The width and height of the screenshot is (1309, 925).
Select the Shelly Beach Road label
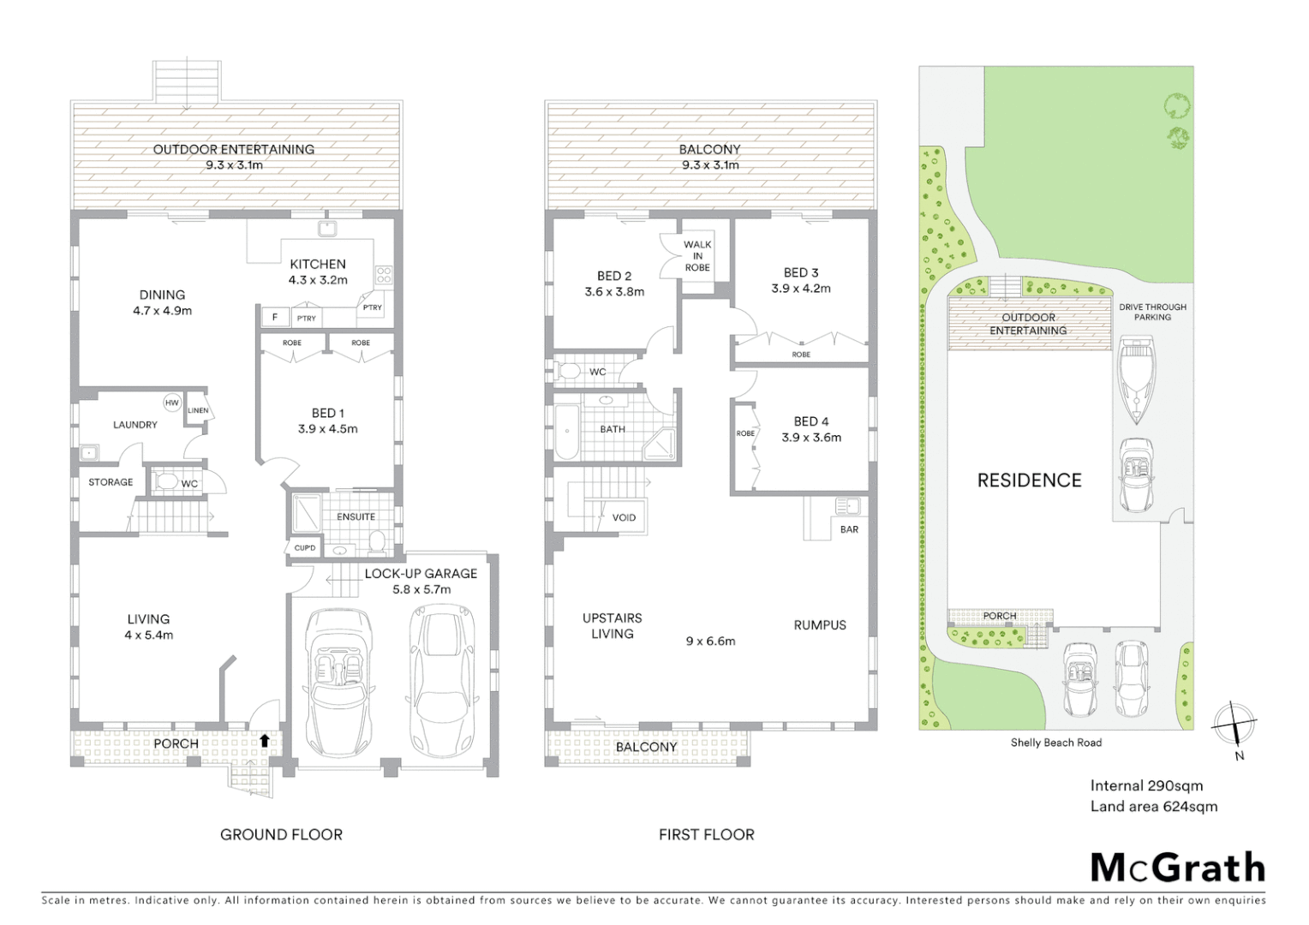point(1055,743)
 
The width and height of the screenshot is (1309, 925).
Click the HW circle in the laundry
point(171,403)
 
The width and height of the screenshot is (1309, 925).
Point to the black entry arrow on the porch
point(264,740)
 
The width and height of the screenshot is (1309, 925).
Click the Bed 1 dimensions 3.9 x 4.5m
point(327,429)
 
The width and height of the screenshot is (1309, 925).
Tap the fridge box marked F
point(274,317)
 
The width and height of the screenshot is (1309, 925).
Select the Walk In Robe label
point(697,256)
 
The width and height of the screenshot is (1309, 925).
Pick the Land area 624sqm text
point(1153,806)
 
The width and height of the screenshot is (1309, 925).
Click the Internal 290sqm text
point(1146,785)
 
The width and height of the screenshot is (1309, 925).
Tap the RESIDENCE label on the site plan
point(1029,480)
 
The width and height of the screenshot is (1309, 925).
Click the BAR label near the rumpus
point(849,529)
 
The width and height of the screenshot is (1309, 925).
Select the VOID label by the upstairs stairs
point(624,517)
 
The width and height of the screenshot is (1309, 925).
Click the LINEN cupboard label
point(198,410)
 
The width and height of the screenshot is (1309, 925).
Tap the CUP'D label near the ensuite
point(305,548)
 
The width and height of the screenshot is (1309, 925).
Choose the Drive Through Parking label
point(1152,312)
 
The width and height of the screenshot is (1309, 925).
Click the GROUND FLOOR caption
point(281,834)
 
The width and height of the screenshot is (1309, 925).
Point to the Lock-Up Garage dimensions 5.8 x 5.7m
point(421,589)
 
